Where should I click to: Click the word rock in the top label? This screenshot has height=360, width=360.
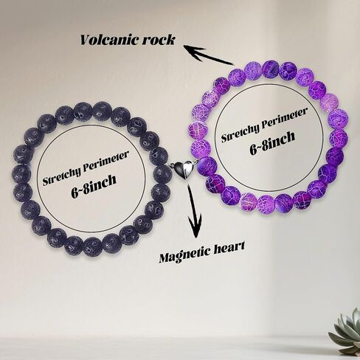coord(159,39)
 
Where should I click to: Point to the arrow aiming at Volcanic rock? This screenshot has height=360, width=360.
coord(208,54)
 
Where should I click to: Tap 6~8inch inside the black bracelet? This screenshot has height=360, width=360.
coord(94,185)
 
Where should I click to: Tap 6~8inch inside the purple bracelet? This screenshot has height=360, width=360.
coord(272,143)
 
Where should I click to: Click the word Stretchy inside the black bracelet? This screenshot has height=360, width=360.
coord(62,175)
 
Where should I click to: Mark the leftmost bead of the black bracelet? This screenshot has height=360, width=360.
coord(21,174)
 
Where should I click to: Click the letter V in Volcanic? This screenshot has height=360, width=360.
coord(86,40)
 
